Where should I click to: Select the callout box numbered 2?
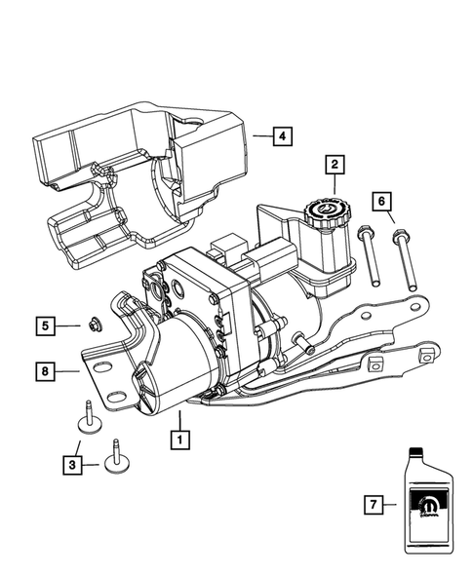334,165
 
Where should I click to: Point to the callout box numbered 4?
280,136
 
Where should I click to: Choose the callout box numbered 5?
46,324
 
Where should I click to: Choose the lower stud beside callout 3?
121,456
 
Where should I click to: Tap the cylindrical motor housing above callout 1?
176,365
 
